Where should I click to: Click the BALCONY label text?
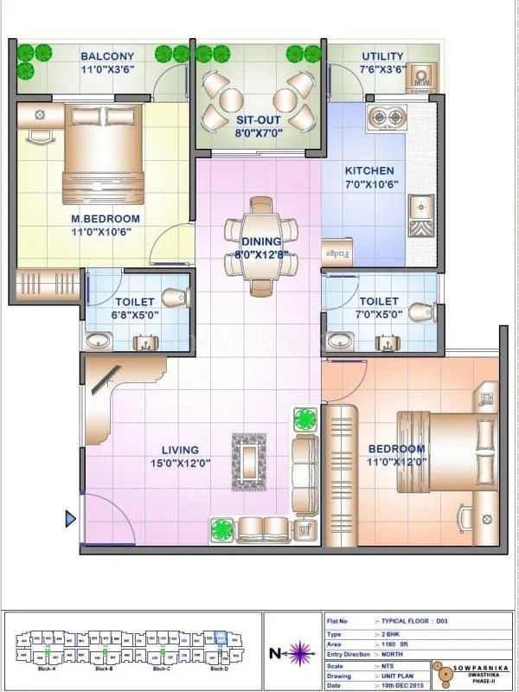tap(107, 56)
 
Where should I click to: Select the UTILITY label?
tap(382, 56)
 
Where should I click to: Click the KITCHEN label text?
tap(369, 171)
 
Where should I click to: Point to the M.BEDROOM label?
tap(106, 220)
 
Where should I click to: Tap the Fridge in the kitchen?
tap(336, 253)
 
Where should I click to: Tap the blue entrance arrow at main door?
tap(71, 519)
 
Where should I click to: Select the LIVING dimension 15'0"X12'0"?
tap(180, 463)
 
